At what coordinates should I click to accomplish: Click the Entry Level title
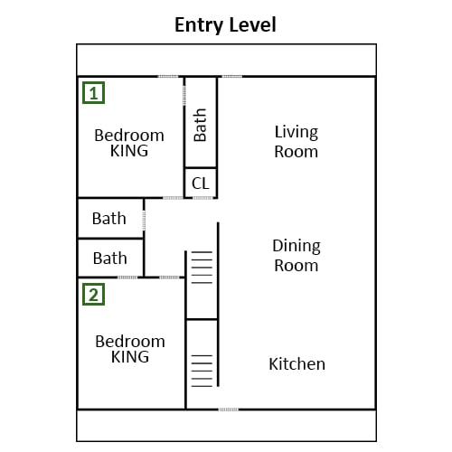click(225, 25)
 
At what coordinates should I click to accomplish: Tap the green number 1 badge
click(94, 93)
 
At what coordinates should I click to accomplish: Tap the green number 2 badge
click(94, 295)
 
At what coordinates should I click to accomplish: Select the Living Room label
click(297, 142)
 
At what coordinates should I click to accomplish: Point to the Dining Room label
click(297, 256)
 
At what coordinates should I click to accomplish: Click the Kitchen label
click(297, 364)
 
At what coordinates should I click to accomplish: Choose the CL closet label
click(201, 184)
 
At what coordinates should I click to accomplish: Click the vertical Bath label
click(200, 125)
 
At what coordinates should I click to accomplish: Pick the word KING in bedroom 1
click(129, 151)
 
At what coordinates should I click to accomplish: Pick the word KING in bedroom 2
click(130, 357)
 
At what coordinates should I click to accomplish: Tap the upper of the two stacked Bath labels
click(109, 219)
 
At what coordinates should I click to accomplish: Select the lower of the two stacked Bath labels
click(110, 259)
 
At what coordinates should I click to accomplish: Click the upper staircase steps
click(202, 268)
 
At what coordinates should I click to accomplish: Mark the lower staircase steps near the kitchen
click(202, 371)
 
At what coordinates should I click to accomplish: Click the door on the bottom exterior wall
click(229, 410)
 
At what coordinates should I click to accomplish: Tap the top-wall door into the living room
click(232, 77)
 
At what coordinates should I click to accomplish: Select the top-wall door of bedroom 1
click(168, 77)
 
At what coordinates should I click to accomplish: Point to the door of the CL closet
click(202, 198)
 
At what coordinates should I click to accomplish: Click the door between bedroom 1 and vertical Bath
click(184, 96)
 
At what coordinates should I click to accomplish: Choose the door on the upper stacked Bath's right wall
click(144, 221)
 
